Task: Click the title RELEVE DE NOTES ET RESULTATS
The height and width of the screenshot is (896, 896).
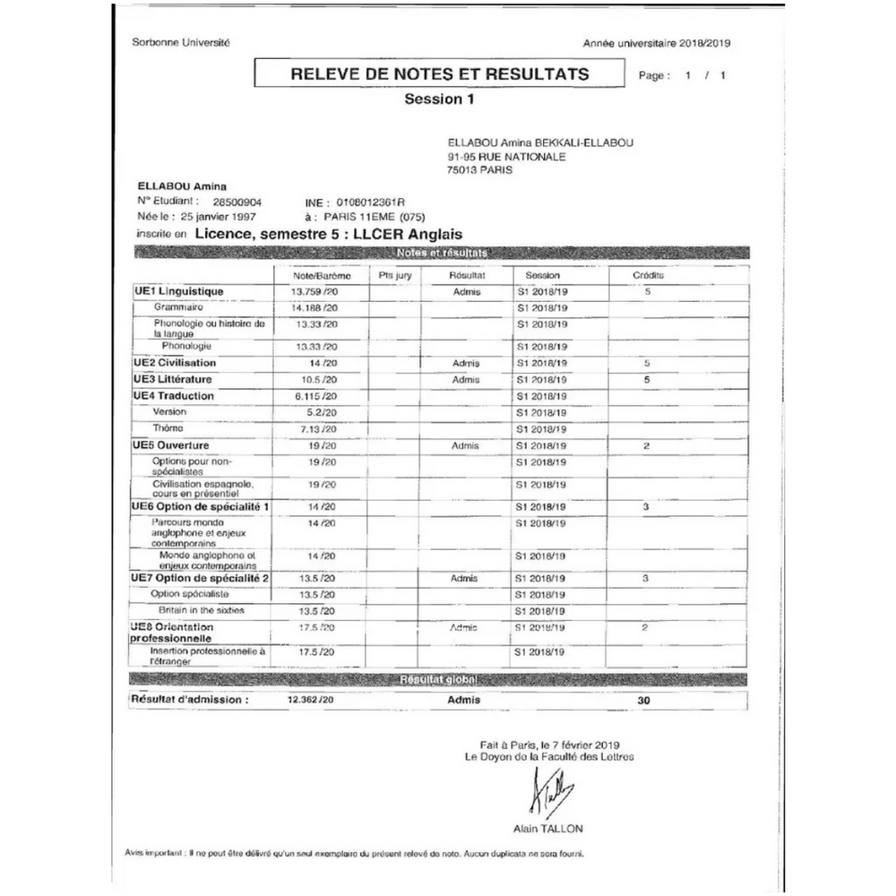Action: tap(440, 73)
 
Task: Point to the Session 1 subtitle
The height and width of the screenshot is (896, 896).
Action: tap(439, 99)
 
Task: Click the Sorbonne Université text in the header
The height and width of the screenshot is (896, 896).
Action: tap(181, 42)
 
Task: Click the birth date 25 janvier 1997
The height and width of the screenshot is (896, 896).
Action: tap(219, 217)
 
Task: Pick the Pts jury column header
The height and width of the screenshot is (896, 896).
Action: tap(395, 276)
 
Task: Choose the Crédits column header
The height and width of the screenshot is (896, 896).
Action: tap(648, 276)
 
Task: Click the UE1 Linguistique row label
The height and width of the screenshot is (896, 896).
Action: tap(178, 291)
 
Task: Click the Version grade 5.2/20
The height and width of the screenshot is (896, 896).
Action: tap(320, 412)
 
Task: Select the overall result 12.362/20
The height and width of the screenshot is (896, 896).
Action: tap(311, 700)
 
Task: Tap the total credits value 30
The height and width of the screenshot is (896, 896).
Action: tap(644, 701)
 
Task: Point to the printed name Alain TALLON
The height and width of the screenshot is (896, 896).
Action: tap(547, 829)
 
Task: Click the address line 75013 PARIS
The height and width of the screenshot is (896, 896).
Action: tap(480, 169)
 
